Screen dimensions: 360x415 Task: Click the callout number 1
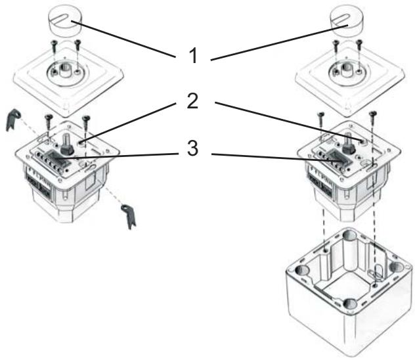click(x=192, y=56)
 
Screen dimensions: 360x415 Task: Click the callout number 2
click(x=193, y=104)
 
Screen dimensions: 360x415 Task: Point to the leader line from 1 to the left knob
click(x=125, y=40)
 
